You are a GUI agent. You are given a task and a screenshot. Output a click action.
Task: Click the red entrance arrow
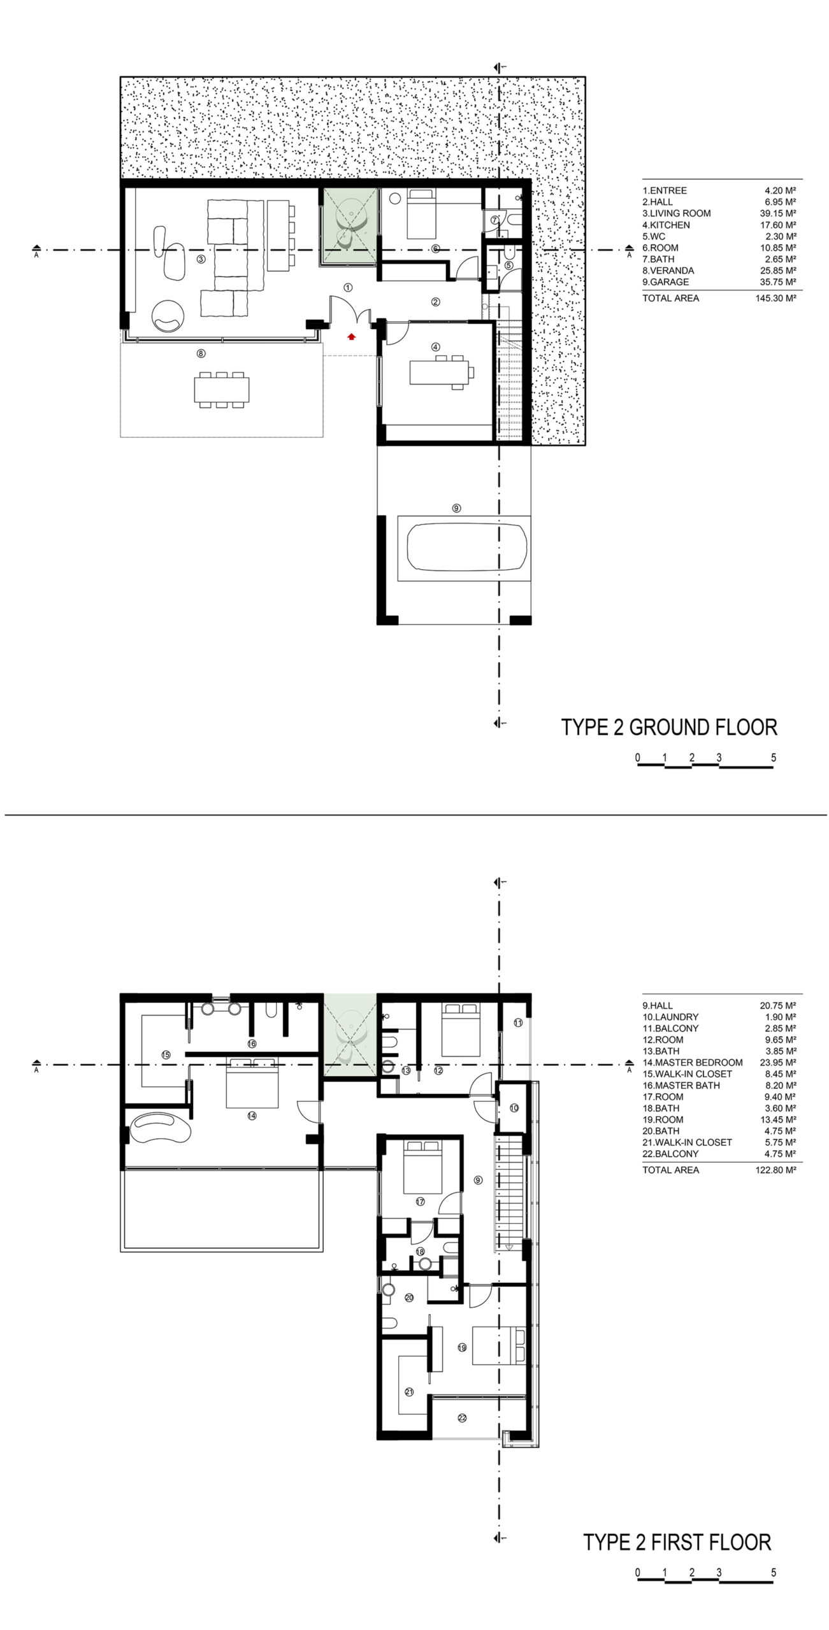[x=350, y=336]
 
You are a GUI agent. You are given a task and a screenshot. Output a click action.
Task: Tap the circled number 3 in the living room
[x=201, y=259]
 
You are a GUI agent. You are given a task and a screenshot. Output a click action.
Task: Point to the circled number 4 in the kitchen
[x=436, y=347]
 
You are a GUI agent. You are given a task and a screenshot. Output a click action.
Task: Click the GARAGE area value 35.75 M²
[x=778, y=282]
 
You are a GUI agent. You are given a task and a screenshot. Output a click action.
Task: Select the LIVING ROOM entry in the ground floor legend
[x=676, y=213]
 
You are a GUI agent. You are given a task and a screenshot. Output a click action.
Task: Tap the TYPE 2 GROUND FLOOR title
[x=669, y=727]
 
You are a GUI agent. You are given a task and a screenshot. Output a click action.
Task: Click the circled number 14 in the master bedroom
[x=252, y=1116]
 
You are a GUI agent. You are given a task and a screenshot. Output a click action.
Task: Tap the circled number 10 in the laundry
[x=514, y=1108]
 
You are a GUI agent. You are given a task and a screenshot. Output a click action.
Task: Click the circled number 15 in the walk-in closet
[x=166, y=1054]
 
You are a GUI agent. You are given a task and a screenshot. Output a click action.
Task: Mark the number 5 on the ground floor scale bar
[x=774, y=758]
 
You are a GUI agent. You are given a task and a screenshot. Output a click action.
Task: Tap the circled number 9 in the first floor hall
[x=478, y=1180]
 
